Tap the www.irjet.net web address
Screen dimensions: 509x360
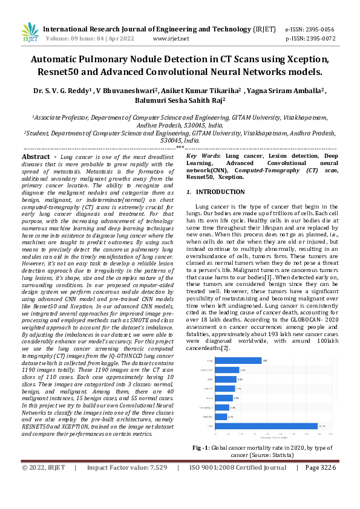171,38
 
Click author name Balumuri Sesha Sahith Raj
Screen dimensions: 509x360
180,100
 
